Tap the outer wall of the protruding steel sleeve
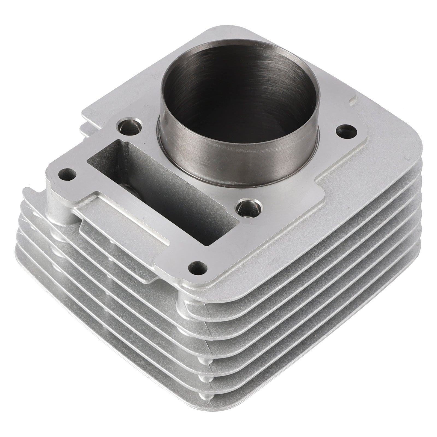point(240,161)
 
